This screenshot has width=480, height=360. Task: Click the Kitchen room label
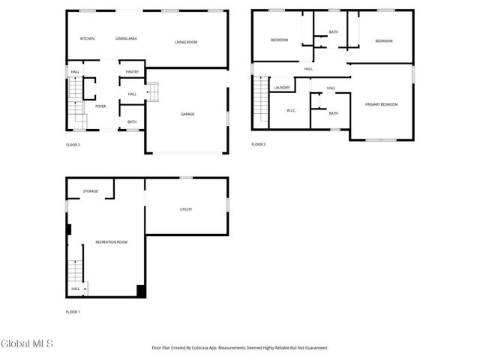[87, 38]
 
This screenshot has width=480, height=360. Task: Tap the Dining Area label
[126, 38]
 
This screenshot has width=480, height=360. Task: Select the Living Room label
[186, 42]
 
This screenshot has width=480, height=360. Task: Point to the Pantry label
[132, 72]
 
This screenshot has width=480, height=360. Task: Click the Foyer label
[100, 106]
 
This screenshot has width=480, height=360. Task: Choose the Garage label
[187, 114]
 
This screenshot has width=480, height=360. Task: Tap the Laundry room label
[282, 88]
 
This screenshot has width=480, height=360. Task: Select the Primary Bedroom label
[382, 104]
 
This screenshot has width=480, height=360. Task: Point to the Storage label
[90, 191]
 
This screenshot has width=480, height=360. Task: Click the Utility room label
[186, 209]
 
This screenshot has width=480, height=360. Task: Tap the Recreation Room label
[111, 241]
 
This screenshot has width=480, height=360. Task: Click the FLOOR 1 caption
[73, 311]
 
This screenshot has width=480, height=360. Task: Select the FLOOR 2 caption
[73, 145]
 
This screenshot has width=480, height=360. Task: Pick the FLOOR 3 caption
[259, 144]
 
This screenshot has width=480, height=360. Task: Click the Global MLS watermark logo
[27, 344]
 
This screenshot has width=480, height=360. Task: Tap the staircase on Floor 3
[260, 100]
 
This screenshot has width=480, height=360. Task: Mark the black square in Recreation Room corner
[140, 292]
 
